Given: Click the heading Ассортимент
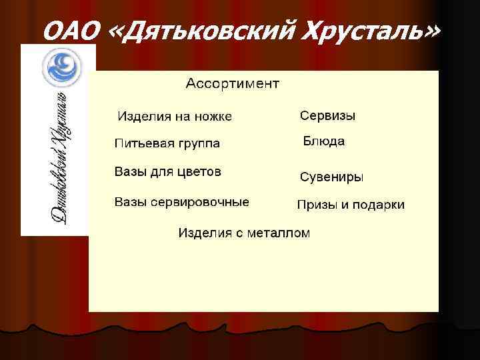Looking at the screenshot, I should pos(232,84).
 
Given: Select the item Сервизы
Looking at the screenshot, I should pos(327,116).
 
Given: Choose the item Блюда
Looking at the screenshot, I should pos(324,141).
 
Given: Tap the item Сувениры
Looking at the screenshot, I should pos(331,177).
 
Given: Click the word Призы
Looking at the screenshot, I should pos(317,205).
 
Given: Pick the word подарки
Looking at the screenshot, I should pos(378,205).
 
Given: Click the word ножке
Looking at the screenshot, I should pos(213,117).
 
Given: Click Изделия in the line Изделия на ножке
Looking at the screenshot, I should pos(143,117).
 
